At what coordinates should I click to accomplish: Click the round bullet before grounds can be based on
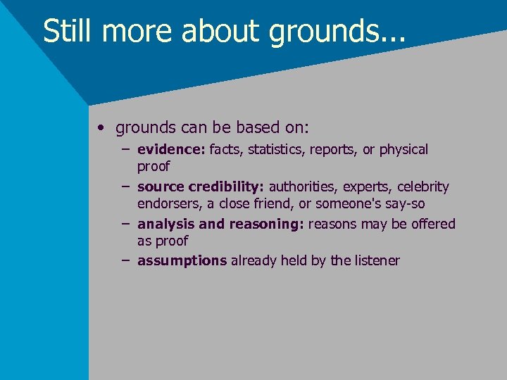(103, 129)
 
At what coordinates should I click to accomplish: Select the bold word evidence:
(171, 150)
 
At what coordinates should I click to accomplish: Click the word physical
(402, 150)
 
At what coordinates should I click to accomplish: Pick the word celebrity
(423, 187)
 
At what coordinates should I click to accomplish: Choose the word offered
(430, 224)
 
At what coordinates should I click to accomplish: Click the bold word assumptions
(182, 261)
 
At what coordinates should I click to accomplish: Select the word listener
(376, 261)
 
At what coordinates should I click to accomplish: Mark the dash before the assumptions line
(125, 260)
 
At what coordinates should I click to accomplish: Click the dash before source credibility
(125, 186)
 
